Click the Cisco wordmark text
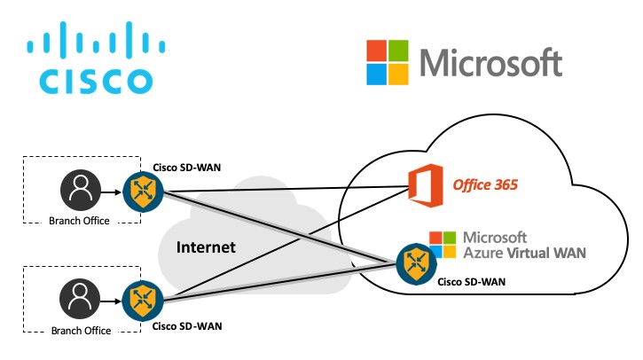pos(96,79)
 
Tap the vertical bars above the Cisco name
pos(96,39)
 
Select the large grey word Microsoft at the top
pos(490,63)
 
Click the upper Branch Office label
pos(78,221)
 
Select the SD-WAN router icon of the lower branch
pos(143,300)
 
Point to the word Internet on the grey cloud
pos(206,247)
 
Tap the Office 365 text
pos(485,185)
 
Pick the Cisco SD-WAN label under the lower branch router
pos(187,326)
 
